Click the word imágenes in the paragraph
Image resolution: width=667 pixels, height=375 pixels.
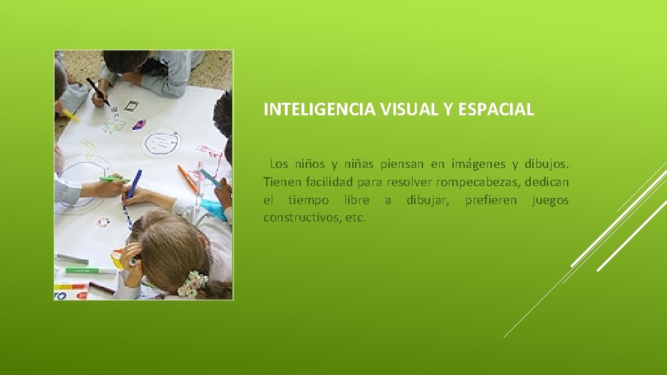coord(478,164)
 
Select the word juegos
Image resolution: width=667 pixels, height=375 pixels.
coord(550,200)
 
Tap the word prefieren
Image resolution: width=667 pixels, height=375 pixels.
coord(491,200)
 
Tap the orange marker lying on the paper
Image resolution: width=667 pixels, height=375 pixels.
coord(188,178)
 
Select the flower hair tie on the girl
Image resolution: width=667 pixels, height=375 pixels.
coord(192,284)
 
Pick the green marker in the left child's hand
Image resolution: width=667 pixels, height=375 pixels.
coord(111,179)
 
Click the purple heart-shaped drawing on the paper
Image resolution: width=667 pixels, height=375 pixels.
coord(139,124)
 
